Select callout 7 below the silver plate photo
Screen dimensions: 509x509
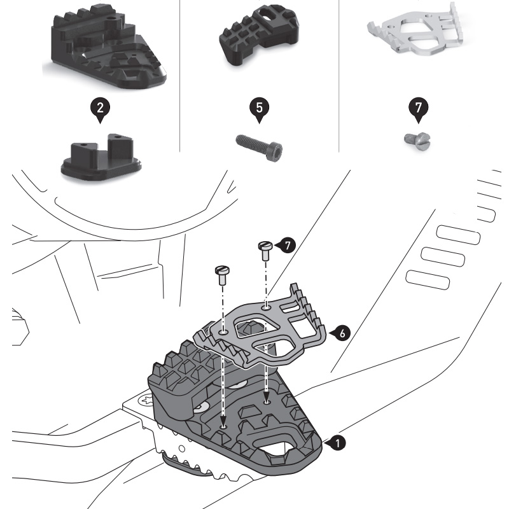[x=417, y=109]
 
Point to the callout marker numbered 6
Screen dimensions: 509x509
[x=342, y=333]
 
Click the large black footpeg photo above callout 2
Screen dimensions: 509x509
[x=105, y=51]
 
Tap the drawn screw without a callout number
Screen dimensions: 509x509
[x=222, y=274]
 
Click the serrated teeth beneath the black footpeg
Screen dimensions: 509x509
[x=191, y=464]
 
